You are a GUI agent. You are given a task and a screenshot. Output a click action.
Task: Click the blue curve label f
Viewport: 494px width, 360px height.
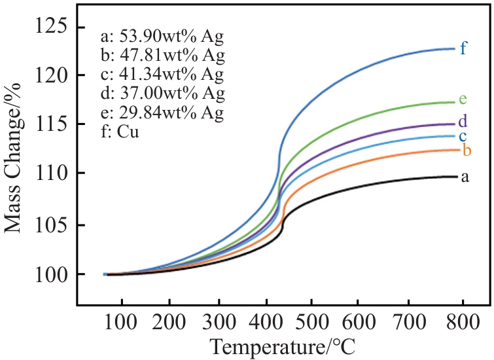(463, 48)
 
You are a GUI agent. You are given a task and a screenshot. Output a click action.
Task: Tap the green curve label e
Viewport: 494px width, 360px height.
(463, 99)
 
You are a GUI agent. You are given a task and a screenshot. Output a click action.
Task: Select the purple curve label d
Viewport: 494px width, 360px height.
(463, 121)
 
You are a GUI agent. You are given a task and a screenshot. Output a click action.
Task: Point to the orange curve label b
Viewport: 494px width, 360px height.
(467, 151)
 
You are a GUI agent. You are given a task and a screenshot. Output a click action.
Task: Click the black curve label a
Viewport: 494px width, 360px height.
(465, 177)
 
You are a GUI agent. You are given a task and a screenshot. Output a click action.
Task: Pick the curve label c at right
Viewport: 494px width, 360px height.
(462, 136)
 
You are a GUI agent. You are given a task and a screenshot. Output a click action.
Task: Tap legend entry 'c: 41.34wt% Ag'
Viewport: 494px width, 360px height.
(163, 74)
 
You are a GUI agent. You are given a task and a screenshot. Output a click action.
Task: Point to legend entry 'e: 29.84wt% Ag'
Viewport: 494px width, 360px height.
(163, 113)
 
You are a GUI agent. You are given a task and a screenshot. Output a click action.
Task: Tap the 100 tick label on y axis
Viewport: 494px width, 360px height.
(52, 274)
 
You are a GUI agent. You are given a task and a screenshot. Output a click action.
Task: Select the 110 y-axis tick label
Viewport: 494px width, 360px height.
(52, 174)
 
